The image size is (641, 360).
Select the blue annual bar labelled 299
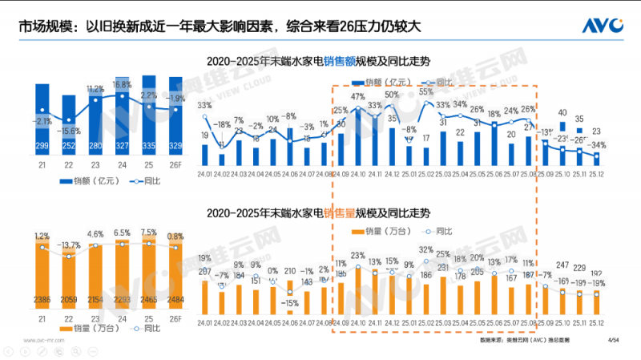click(x=46, y=120)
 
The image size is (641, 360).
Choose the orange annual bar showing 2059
click(x=71, y=281)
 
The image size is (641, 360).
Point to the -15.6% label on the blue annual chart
click(x=71, y=131)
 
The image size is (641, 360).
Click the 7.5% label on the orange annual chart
click(x=148, y=233)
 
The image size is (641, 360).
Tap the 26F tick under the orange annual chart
click(x=174, y=321)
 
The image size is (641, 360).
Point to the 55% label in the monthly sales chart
click(x=426, y=92)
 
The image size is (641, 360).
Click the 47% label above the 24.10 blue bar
click(x=358, y=96)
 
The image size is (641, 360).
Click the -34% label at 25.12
click(x=597, y=146)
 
